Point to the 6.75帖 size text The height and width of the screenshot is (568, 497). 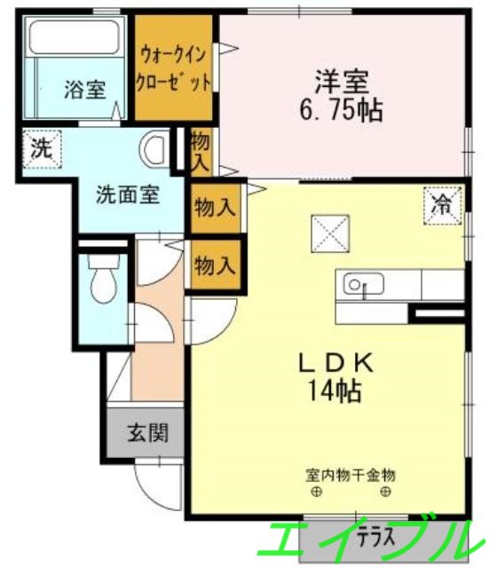[x=341, y=112]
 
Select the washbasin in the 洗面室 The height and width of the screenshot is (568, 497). [x=155, y=148]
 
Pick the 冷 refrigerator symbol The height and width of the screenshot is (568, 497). [x=440, y=205]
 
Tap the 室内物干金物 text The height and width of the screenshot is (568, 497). [x=346, y=474]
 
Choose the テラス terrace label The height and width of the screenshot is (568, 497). [x=375, y=536]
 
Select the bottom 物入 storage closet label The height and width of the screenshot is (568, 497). [x=215, y=264]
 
